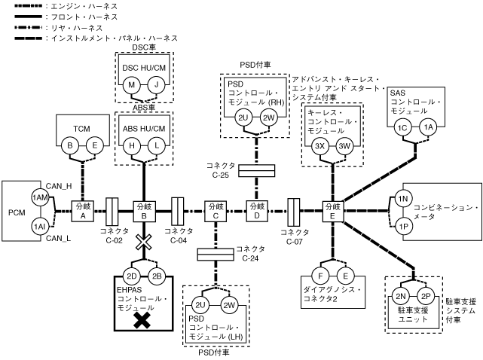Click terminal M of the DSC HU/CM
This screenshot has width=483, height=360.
[x=132, y=84]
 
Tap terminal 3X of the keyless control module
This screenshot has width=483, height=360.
[x=319, y=146]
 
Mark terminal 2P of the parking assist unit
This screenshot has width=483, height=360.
[x=425, y=296]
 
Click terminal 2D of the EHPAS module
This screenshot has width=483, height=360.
[x=131, y=274]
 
